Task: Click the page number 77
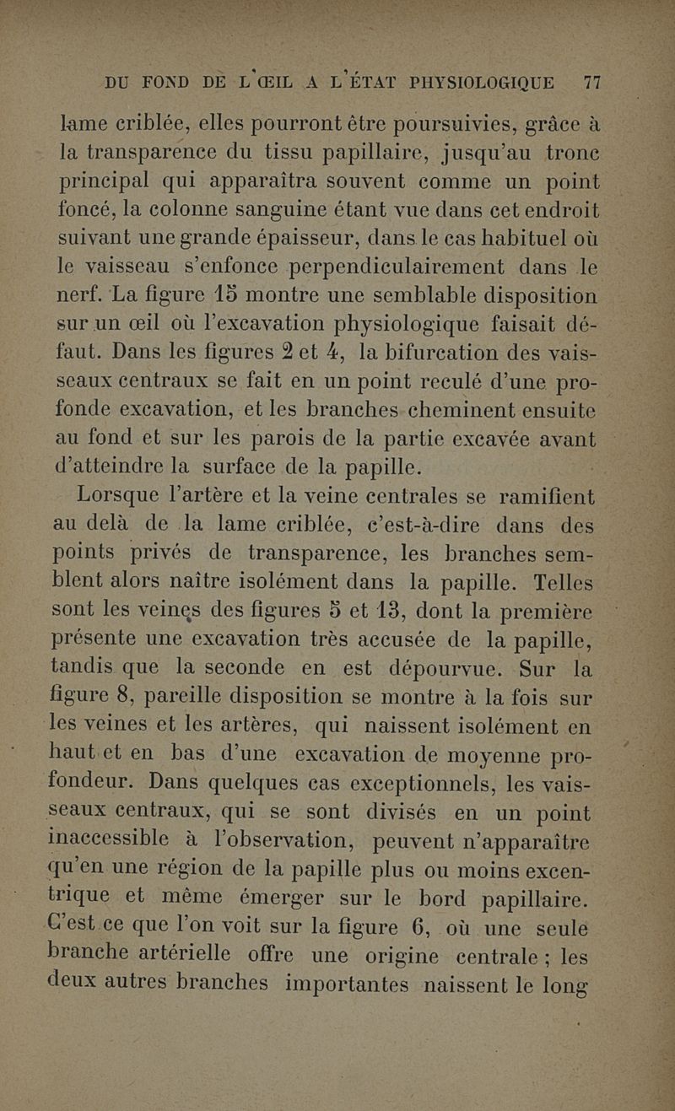click(x=591, y=84)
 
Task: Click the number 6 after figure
click(x=503, y=930)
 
